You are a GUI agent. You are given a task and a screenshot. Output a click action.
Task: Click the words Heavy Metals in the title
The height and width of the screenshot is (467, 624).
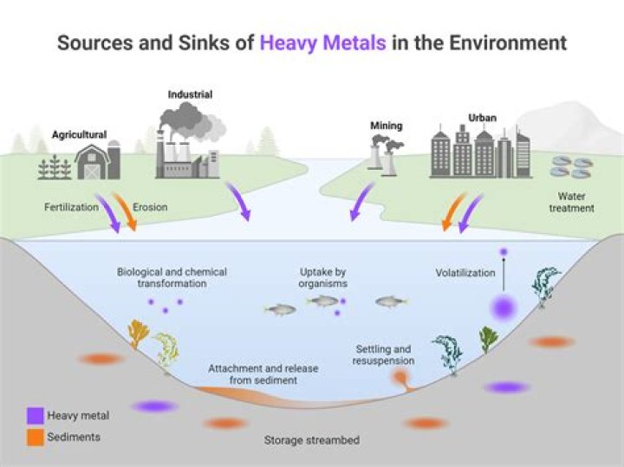322,42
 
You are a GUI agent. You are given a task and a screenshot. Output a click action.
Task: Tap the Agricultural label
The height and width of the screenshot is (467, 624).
79,134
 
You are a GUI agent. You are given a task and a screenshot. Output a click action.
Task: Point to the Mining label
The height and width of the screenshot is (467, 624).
386,126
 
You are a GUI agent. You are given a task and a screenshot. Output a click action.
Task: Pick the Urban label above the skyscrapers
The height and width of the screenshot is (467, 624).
483,117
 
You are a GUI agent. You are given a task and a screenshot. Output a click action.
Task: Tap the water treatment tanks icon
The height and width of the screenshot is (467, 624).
572,167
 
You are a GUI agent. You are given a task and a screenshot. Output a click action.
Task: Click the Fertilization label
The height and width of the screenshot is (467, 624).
71,208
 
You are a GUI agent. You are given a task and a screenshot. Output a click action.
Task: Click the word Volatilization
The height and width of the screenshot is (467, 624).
465,273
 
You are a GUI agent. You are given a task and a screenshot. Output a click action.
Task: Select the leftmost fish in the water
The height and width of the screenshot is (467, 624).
279,309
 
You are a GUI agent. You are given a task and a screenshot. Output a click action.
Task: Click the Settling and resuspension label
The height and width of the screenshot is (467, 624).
384,354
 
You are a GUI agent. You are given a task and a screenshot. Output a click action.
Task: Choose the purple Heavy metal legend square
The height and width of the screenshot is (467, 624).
34,416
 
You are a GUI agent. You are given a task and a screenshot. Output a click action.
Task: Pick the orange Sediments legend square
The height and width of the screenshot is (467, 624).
34,438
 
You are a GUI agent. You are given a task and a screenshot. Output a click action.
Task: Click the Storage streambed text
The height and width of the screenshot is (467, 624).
311,440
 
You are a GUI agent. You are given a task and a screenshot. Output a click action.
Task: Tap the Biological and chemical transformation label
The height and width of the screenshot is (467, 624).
172,277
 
